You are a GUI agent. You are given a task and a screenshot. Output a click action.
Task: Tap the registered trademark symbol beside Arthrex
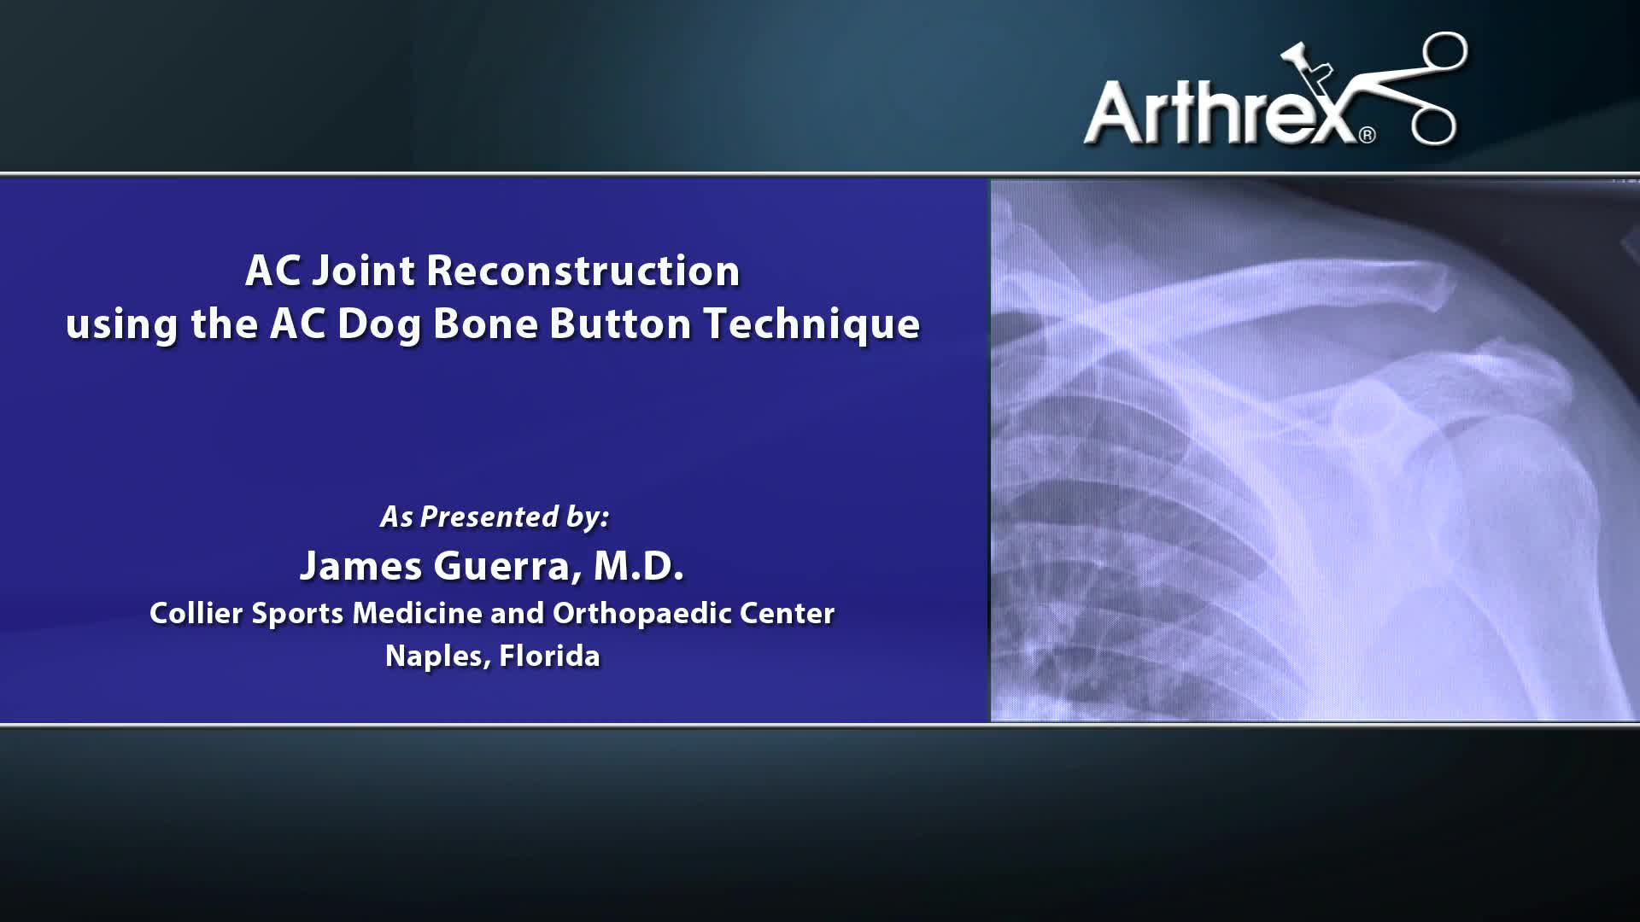pyautogui.click(x=1367, y=135)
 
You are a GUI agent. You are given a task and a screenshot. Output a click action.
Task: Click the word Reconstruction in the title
pyautogui.click(x=583, y=271)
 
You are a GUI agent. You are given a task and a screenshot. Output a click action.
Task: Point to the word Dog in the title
pyautogui.click(x=378, y=325)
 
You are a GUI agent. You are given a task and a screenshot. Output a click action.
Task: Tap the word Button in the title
pyautogui.click(x=620, y=324)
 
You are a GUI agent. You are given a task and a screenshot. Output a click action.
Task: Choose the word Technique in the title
pyautogui.click(x=811, y=325)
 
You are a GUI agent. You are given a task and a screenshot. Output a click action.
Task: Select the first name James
pyautogui.click(x=360, y=566)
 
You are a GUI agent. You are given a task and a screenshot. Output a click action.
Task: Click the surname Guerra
pyautogui.click(x=507, y=566)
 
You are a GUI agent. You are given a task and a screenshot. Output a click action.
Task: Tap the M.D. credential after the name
pyautogui.click(x=639, y=566)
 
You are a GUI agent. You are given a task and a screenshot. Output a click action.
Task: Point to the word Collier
pyautogui.click(x=196, y=613)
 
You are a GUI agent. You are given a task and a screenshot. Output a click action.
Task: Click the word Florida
pyautogui.click(x=549, y=656)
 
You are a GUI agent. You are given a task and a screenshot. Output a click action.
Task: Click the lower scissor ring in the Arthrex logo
pyautogui.click(x=1432, y=125)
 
